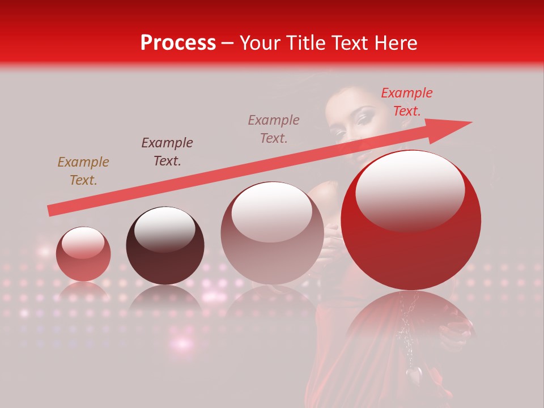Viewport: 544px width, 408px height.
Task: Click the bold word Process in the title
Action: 178,43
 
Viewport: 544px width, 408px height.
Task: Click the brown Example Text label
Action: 83,171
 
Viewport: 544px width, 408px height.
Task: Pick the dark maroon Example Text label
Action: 167,151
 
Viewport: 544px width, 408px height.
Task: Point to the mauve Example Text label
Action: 274,129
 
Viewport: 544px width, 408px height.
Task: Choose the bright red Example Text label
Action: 406,101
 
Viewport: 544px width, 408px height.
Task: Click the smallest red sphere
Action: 83,254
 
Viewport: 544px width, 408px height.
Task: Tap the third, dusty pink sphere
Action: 272,233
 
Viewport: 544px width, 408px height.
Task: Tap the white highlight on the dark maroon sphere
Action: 164,229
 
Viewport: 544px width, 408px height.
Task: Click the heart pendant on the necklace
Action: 413,375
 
